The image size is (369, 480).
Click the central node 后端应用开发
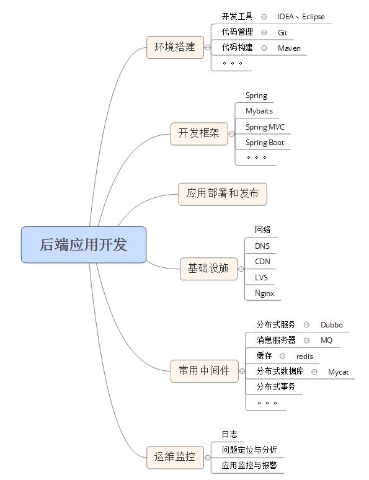pyautogui.click(x=84, y=244)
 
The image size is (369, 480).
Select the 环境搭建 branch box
pyautogui.click(x=175, y=47)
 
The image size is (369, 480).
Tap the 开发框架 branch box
pyautogui.click(x=199, y=133)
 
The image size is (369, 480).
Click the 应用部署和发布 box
pyautogui.click(x=223, y=194)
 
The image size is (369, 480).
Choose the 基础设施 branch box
pyautogui.click(x=208, y=269)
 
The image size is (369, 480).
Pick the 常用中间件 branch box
pyautogui.click(x=204, y=371)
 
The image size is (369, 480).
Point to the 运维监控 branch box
pyautogui.click(x=175, y=457)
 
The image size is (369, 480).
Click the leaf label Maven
pyautogui.click(x=289, y=48)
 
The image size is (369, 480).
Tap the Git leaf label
pyautogui.click(x=282, y=32)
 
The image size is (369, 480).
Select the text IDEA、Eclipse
pyautogui.click(x=301, y=17)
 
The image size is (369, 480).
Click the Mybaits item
pyautogui.click(x=259, y=111)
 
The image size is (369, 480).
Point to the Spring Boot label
pyautogui.click(x=265, y=143)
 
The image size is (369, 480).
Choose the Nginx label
pyautogui.click(x=265, y=293)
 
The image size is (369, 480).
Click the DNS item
pyautogui.click(x=262, y=246)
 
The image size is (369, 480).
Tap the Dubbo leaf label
pyautogui.click(x=332, y=325)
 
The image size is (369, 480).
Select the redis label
pyautogui.click(x=305, y=357)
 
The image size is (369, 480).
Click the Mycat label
pyautogui.click(x=339, y=372)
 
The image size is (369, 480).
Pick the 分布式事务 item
pyautogui.click(x=276, y=386)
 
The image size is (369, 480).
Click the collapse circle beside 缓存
pyautogui.click(x=283, y=356)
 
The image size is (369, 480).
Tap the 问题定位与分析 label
pyautogui.click(x=249, y=450)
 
